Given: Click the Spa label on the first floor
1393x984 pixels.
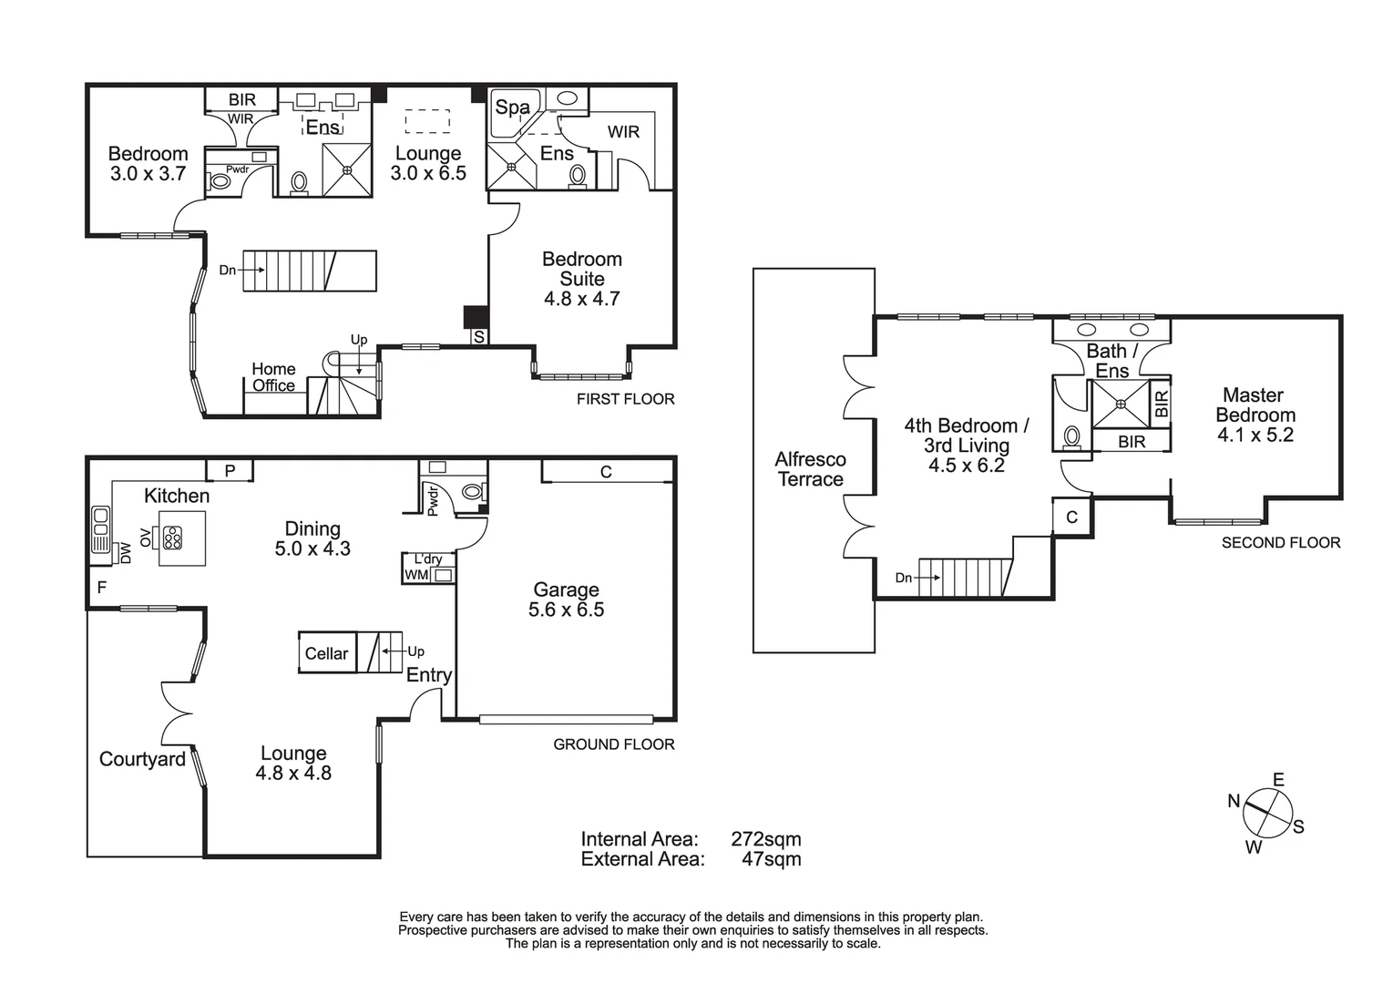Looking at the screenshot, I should tap(512, 108).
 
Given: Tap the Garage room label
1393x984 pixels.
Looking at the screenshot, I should tap(566, 589).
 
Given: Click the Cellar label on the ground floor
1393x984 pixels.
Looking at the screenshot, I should tap(326, 653).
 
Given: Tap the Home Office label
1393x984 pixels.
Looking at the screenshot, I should tap(273, 377).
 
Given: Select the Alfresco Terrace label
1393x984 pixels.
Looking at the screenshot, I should tap(810, 469).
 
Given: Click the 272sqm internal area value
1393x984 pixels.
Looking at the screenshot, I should tap(765, 839).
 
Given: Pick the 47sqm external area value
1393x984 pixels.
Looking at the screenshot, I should tap(771, 859).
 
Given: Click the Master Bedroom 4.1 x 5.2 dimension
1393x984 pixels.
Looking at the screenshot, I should tap(1255, 436).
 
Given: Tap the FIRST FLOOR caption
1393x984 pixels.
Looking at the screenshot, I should tap(625, 399).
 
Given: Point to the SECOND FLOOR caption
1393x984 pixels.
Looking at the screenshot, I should tap(1280, 543).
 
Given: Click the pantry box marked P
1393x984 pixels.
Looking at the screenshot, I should tap(230, 471).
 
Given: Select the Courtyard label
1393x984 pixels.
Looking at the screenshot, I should tap(142, 759).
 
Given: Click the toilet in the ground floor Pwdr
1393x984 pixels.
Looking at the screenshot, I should tap(471, 492).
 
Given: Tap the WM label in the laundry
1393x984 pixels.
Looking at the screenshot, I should tap(415, 575).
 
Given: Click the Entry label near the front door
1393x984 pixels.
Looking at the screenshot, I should tap(428, 675).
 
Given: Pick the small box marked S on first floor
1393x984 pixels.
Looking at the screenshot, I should tap(478, 337).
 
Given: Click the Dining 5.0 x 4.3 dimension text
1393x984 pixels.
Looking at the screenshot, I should tap(312, 548).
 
